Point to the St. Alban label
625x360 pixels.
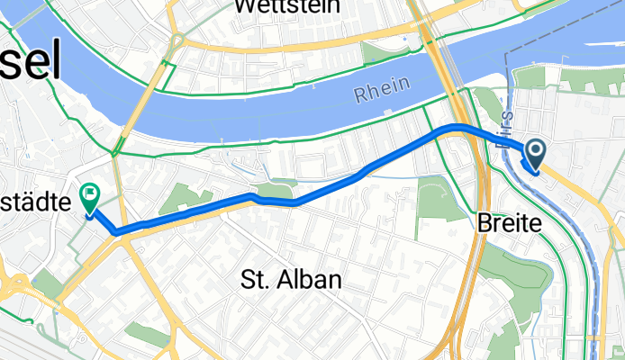tap(292, 281)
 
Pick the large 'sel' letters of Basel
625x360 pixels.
tap(31, 64)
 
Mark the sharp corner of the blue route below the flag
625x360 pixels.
tap(117, 232)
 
